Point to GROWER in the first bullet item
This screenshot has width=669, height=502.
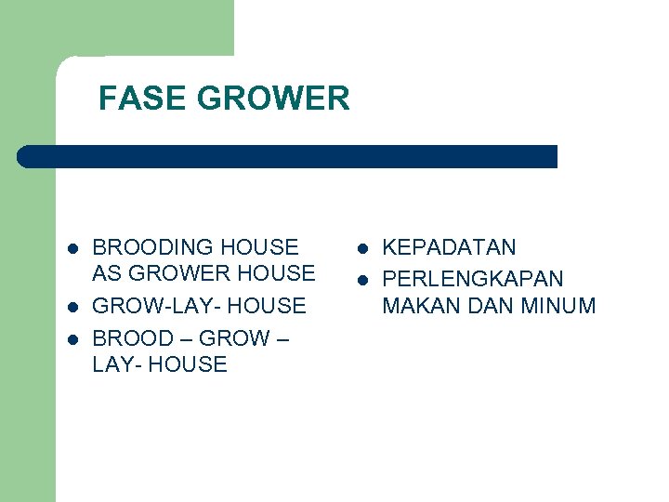182,273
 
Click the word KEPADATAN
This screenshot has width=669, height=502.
449,247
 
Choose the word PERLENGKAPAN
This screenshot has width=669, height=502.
473,279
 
